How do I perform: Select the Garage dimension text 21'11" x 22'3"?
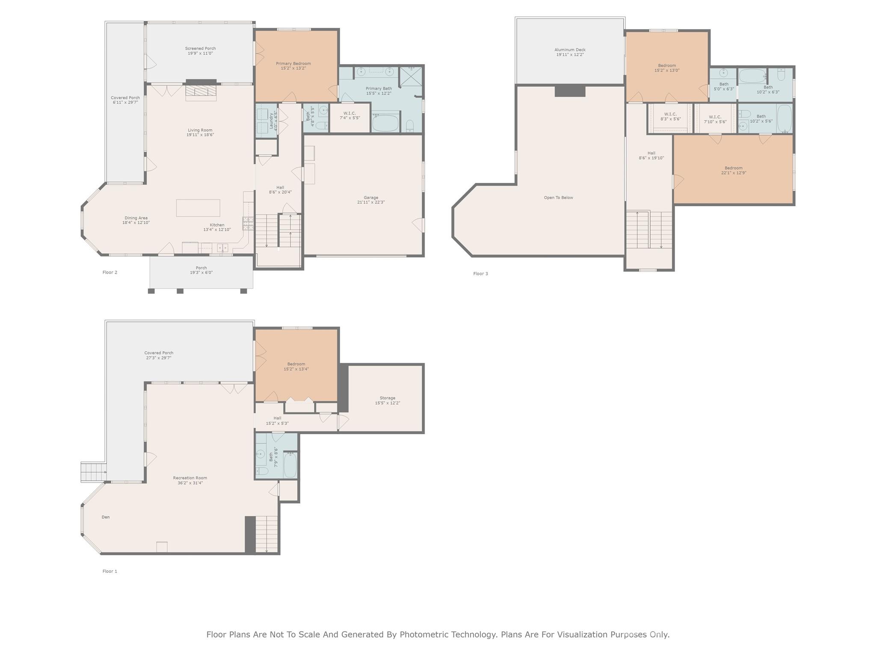[371, 202]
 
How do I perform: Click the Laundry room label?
[271, 121]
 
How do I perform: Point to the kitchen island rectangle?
[198, 208]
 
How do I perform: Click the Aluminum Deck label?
[570, 50]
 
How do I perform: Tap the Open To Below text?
[558, 198]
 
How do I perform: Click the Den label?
[106, 517]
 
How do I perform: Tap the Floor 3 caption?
[480, 274]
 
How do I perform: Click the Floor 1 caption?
[109, 571]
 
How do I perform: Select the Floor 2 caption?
[109, 272]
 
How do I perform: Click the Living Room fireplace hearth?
[201, 92]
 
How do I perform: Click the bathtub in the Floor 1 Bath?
[290, 465]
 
